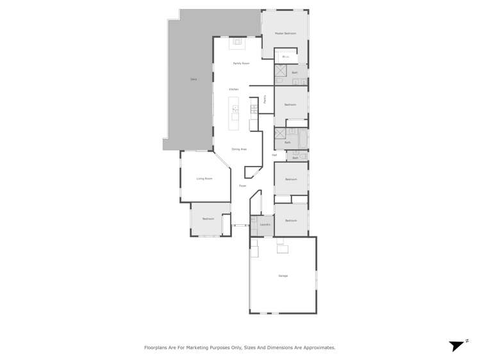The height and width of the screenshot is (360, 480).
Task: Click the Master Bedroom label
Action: [285, 33]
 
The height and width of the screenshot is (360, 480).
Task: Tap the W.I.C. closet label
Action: [286, 57]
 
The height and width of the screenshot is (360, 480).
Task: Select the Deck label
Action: [193, 79]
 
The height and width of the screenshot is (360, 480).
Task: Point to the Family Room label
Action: [241, 63]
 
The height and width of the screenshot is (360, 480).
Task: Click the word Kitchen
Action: [234, 89]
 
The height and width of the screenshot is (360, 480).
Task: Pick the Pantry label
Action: [265, 99]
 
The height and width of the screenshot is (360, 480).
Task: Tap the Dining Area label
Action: [239, 149]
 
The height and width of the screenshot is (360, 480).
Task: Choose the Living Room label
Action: [204, 178]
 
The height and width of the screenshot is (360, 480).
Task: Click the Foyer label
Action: [242, 186]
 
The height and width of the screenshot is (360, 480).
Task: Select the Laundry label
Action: [265, 224]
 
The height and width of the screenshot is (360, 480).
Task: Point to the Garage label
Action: [283, 276]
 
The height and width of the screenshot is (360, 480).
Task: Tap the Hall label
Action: [274, 155]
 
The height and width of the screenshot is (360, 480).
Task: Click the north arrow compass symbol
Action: [456, 345]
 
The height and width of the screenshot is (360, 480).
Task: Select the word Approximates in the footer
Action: [320, 348]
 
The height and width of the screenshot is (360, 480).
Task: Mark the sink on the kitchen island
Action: [235, 110]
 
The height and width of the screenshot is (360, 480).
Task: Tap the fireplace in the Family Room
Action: [237, 44]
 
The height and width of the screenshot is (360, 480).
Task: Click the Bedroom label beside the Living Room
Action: [208, 219]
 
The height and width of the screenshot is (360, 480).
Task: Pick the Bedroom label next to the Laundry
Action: [291, 220]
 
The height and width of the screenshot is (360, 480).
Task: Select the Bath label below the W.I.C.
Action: [295, 73]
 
